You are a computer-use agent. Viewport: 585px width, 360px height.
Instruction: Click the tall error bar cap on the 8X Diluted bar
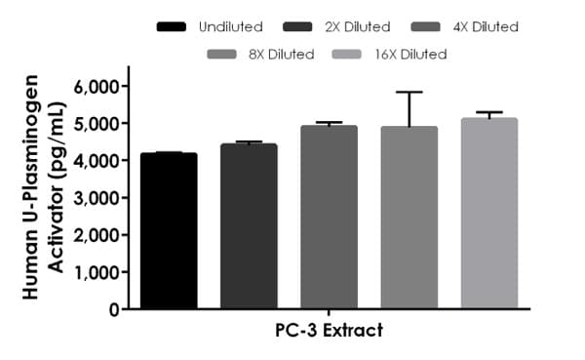point(409,93)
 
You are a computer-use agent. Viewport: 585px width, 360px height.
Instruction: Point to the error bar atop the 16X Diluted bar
point(488,113)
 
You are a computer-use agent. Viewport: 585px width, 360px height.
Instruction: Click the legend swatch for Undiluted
point(175,26)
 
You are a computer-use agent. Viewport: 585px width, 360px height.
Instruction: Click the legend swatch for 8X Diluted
point(228,54)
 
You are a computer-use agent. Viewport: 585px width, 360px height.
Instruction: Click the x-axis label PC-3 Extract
point(329,331)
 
